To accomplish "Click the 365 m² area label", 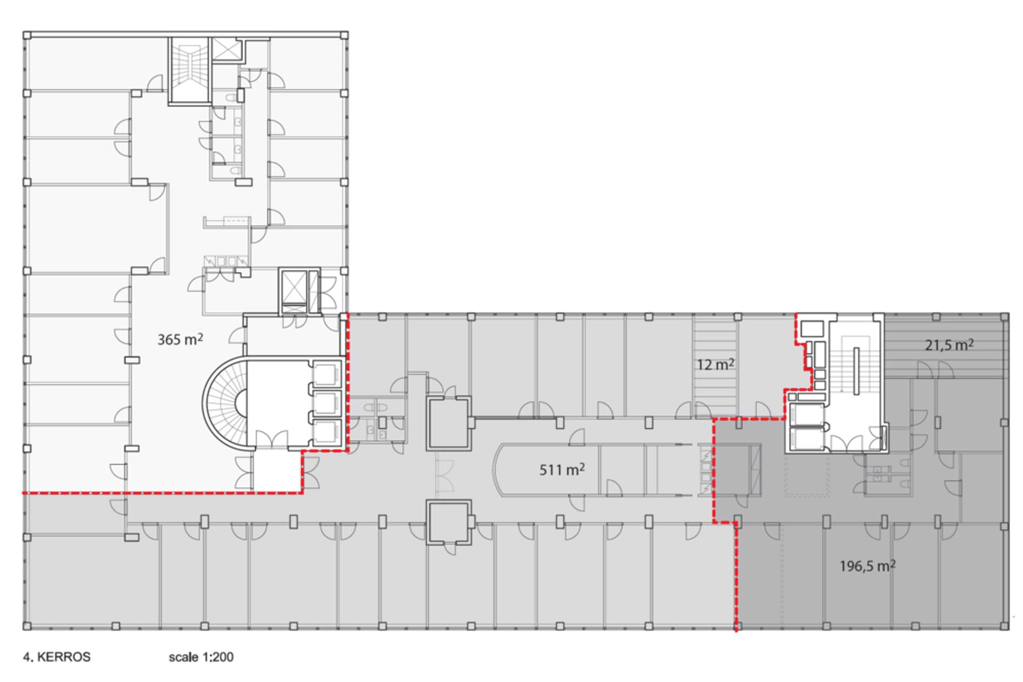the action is (x=180, y=339).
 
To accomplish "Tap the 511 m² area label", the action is (x=562, y=469).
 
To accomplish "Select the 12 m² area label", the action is (x=716, y=365).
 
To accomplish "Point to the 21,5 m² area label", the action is (x=949, y=345).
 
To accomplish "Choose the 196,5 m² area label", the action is (x=867, y=566).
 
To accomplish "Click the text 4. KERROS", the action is (x=56, y=657).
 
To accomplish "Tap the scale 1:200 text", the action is (x=201, y=657).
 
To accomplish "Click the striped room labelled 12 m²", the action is (x=716, y=366).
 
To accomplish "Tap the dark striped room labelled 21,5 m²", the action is (x=945, y=346).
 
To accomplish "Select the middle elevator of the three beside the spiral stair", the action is (x=327, y=403).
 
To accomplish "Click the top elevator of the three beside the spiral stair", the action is (x=327, y=374).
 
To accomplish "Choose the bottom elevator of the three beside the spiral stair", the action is (x=327, y=432).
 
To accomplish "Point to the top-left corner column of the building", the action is (x=27, y=35).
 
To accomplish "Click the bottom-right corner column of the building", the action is (x=1004, y=626).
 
